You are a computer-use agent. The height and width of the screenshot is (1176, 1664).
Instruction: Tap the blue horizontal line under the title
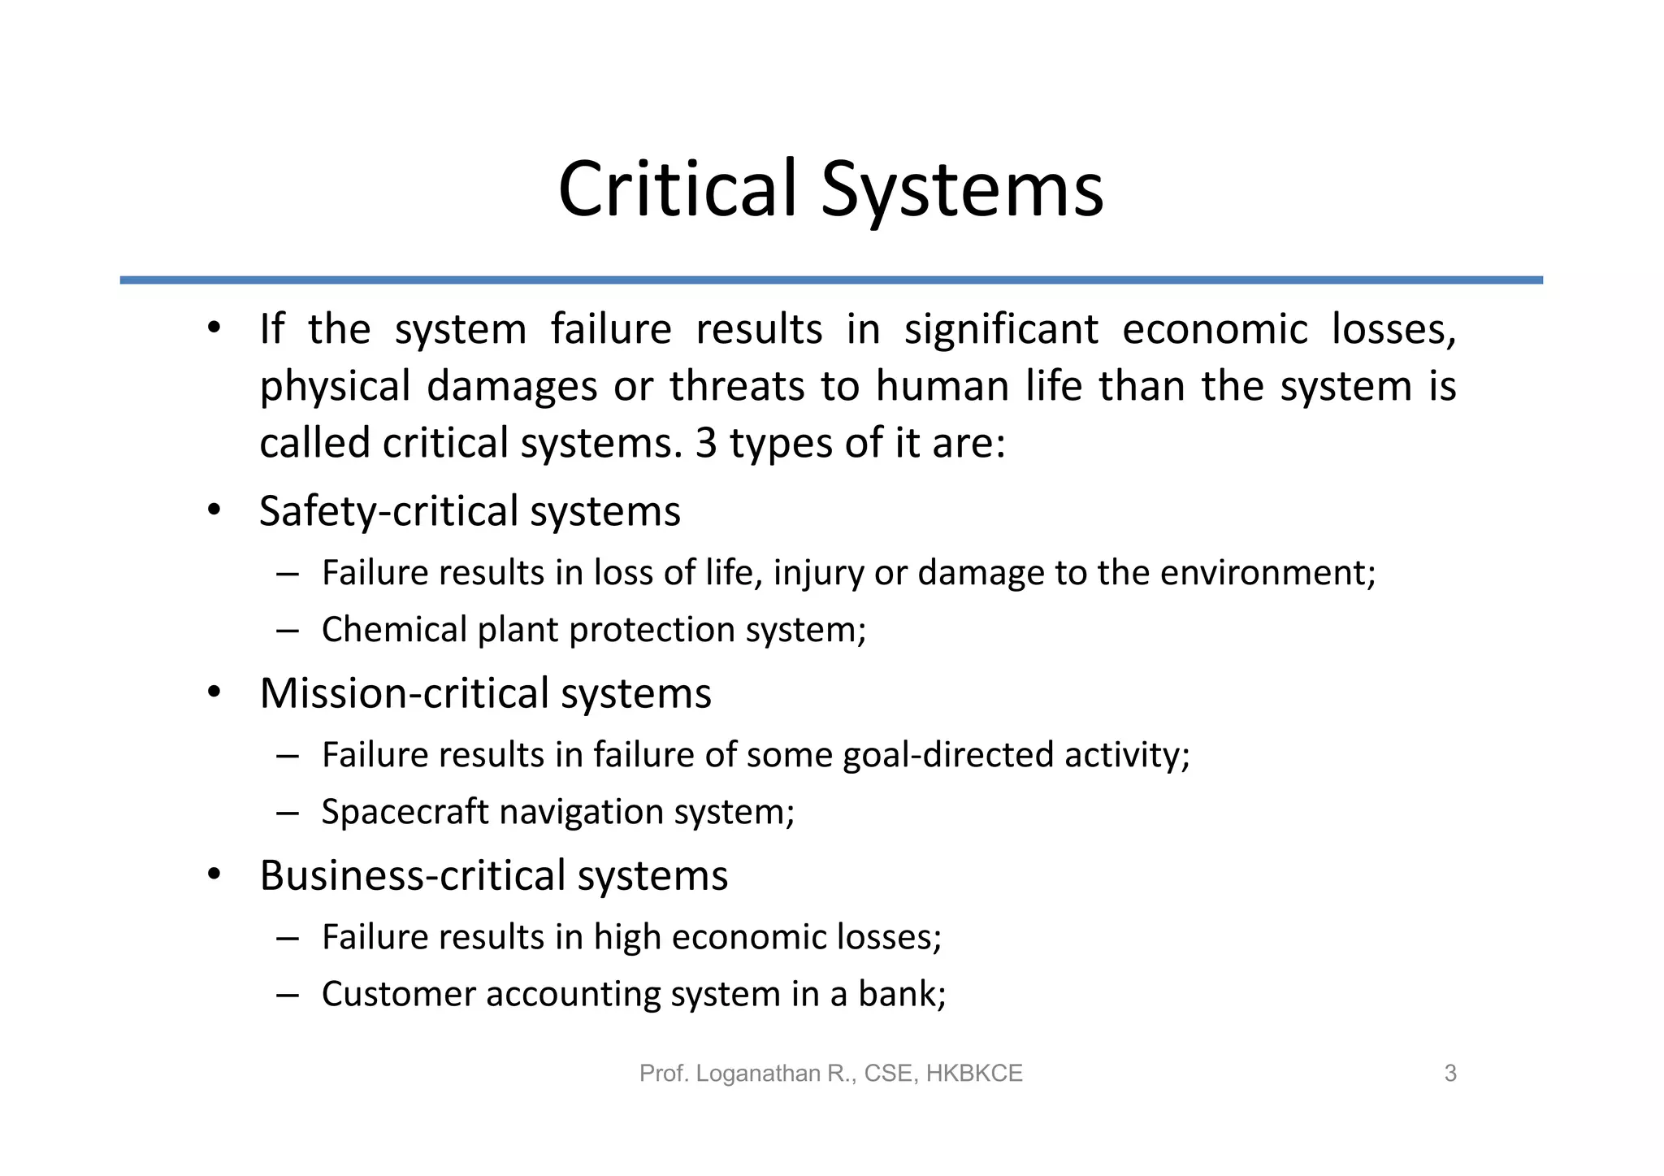pyautogui.click(x=831, y=280)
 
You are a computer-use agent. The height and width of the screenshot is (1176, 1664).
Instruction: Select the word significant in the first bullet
pyautogui.click(x=1001, y=330)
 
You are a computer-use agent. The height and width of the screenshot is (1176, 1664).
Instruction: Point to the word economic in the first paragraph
pyautogui.click(x=1215, y=330)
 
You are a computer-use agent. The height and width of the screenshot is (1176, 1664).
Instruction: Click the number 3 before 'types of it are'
pyautogui.click(x=706, y=444)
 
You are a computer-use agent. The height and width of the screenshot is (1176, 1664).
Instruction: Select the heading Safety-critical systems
pyautogui.click(x=470, y=512)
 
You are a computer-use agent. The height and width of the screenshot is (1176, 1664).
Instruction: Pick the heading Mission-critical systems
pyautogui.click(x=485, y=694)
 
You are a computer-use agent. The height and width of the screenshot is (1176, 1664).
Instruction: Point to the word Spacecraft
pyautogui.click(x=405, y=812)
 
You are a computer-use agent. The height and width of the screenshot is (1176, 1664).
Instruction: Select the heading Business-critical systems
pyautogui.click(x=493, y=876)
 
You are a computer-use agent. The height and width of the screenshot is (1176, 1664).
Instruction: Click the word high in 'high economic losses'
pyautogui.click(x=626, y=937)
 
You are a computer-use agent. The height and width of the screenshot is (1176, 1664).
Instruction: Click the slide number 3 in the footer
pyautogui.click(x=1450, y=1074)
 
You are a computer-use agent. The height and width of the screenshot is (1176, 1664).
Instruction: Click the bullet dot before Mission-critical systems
pyautogui.click(x=214, y=693)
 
